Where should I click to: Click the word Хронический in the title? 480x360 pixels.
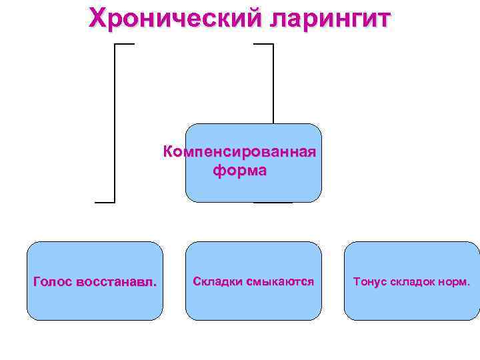coord(175,19)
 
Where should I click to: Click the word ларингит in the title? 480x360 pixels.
coord(329,19)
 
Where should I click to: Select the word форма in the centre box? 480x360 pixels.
coord(239,171)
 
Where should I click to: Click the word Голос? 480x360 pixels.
coord(53,281)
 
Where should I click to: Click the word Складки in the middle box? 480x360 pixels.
coord(217,281)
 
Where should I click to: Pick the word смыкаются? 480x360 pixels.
coord(280,281)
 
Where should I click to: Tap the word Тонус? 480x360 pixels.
coord(369,281)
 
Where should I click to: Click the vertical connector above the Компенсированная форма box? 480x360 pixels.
coord(273,83)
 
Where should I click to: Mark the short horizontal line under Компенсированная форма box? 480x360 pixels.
coord(273,202)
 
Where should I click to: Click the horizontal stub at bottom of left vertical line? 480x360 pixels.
coord(105,202)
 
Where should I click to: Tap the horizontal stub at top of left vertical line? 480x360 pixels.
coord(125,44)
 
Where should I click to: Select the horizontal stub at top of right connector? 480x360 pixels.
coord(264,44)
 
